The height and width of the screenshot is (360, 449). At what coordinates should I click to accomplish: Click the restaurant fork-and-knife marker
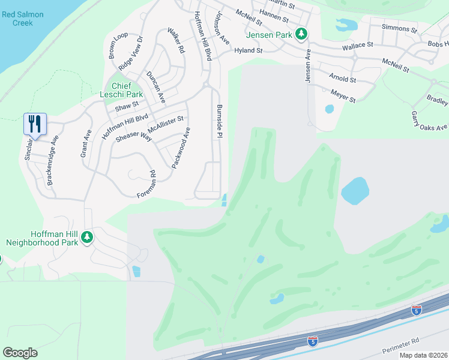coord(35,124)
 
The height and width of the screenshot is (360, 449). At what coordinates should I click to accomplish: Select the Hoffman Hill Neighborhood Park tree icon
coord(87,238)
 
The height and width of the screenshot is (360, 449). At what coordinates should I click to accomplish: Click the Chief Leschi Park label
coord(122,90)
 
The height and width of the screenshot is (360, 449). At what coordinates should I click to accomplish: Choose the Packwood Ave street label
coord(182,148)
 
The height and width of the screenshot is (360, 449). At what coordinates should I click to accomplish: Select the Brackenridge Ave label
coord(54,158)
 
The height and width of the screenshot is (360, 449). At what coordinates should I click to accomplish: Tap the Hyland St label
coord(249,51)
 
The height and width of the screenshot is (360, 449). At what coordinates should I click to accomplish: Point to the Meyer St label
coord(343,95)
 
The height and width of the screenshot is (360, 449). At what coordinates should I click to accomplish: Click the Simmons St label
coord(400,29)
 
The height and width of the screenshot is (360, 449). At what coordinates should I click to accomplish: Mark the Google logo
coord(20,353)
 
